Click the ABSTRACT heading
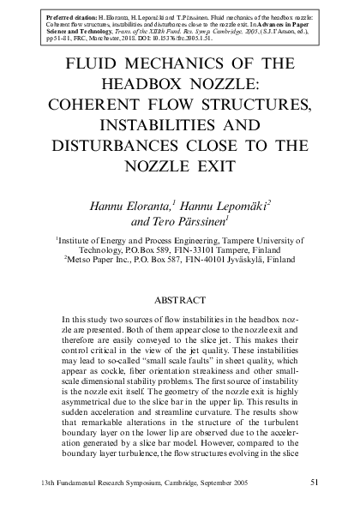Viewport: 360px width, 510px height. pyautogui.click(x=179, y=301)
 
